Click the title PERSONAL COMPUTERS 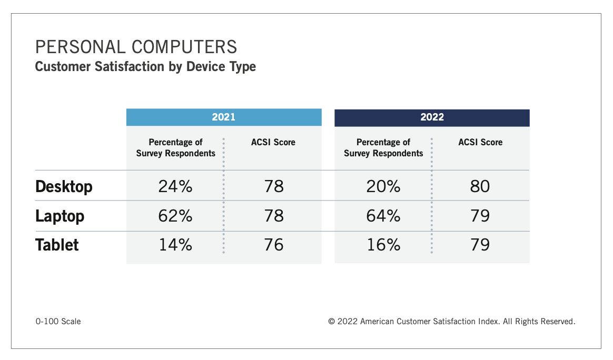click(x=136, y=47)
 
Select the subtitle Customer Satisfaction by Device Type click(x=145, y=67)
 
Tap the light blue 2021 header click(x=223, y=117)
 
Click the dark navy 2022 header click(x=432, y=117)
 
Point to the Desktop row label click(x=64, y=186)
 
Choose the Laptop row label click(x=60, y=216)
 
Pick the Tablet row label click(x=57, y=245)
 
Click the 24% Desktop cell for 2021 click(x=175, y=186)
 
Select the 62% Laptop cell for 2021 click(x=175, y=216)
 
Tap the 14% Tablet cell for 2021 click(x=175, y=245)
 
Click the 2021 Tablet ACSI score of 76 click(x=273, y=245)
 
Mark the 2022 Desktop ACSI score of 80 click(x=480, y=186)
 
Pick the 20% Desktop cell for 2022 click(x=383, y=186)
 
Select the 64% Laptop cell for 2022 click(x=383, y=216)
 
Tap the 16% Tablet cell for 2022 click(x=383, y=245)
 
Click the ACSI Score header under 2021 click(x=273, y=142)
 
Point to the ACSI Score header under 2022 click(x=480, y=142)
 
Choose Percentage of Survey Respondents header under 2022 click(x=383, y=148)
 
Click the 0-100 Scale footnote click(x=58, y=321)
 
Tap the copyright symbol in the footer click(x=332, y=321)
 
